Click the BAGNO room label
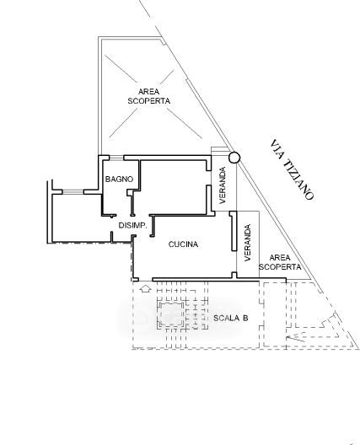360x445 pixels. [119, 179]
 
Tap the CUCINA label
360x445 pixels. [183, 244]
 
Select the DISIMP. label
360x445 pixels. [132, 225]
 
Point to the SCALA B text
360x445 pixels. [230, 318]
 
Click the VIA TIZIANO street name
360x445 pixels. [293, 169]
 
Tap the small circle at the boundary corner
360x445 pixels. [234, 158]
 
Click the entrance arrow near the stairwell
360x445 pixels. [146, 289]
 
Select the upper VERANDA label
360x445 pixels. [223, 185]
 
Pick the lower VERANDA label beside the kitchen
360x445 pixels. [248, 243]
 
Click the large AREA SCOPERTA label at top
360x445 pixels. [148, 96]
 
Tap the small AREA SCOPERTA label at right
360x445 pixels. [280, 262]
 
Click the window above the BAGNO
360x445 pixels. [116, 158]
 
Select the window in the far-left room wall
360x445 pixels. [73, 192]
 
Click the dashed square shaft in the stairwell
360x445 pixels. [170, 314]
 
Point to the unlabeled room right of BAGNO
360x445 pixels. [174, 187]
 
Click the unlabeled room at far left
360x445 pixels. [78, 218]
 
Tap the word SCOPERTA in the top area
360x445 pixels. [148, 101]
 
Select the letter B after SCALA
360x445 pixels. [245, 318]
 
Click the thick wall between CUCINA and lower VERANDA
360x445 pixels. [234, 231]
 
